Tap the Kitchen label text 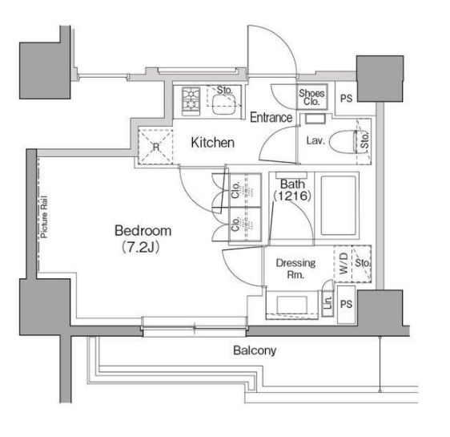212,143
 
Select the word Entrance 271,117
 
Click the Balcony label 255,350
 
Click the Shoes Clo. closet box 311,97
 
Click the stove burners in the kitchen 192,101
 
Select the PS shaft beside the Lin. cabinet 346,305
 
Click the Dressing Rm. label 295,268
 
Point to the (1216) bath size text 292,195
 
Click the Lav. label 315,140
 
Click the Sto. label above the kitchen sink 225,90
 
